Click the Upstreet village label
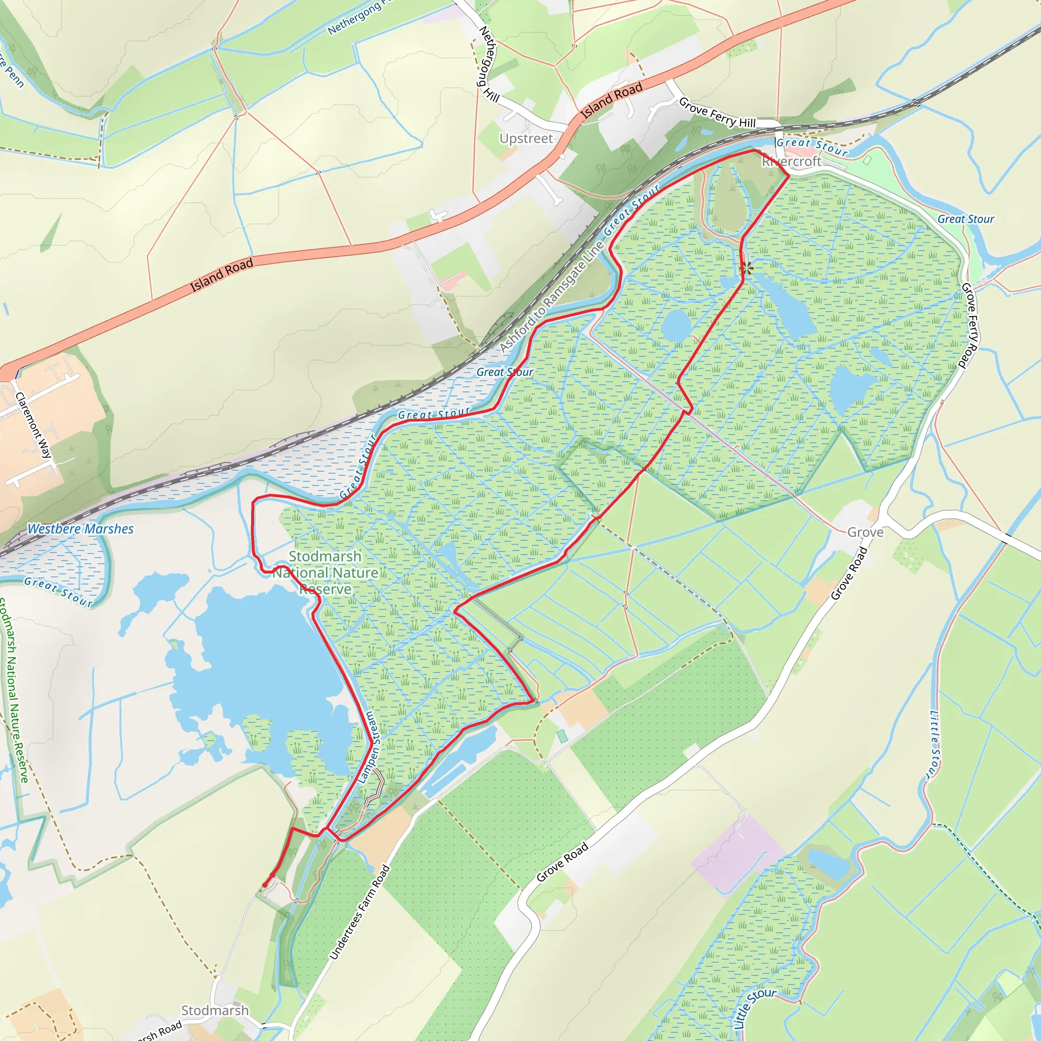pyautogui.click(x=526, y=138)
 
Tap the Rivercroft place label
pyautogui.click(x=791, y=161)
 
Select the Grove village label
pyautogui.click(x=865, y=532)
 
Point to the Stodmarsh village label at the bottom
pyautogui.click(x=215, y=1011)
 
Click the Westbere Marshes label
pyautogui.click(x=80, y=529)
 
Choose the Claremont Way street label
pyautogui.click(x=34, y=425)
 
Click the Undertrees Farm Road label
pyautogui.click(x=359, y=912)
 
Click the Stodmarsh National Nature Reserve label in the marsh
pyautogui.click(x=325, y=572)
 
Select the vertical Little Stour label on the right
pyautogui.click(x=935, y=745)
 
